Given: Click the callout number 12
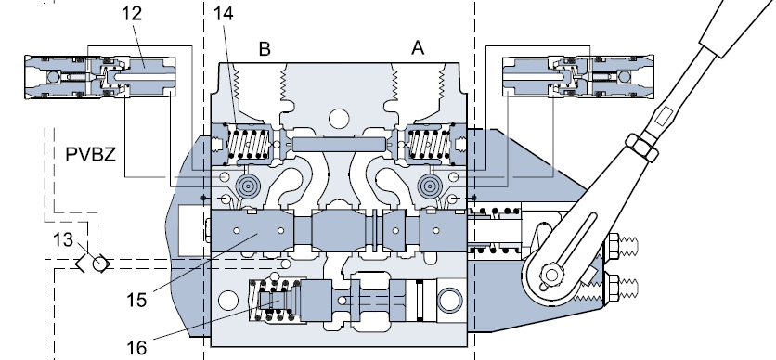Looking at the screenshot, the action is point(132,13).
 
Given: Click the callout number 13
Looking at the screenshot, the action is point(63,240).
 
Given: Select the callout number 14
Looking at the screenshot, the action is point(223,13).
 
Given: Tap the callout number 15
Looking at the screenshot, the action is point(136,301).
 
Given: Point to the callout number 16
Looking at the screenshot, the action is point(136,348).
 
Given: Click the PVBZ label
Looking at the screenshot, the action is point(91,155).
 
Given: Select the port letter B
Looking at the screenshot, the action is point(265,49).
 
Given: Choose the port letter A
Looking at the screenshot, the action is point(419,48).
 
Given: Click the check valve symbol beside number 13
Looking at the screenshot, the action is point(94,263).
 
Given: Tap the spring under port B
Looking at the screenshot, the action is point(249,144).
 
